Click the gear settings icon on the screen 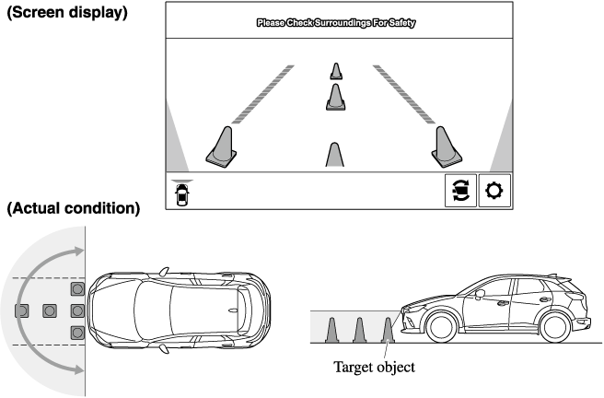[494, 191]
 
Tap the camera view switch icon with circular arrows [461, 191]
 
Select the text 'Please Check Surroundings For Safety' [336, 23]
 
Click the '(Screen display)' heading [67, 12]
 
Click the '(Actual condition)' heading [73, 208]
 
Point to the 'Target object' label [374, 368]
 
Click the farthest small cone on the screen [336, 71]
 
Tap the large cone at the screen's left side [222, 146]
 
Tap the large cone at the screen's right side [447, 146]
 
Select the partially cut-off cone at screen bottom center [335, 155]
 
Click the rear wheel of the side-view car [554, 327]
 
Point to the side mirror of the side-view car [480, 295]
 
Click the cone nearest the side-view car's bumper [388, 330]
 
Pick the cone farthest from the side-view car [331, 330]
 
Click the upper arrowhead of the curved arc [79, 252]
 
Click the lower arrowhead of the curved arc [79, 370]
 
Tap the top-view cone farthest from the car [21, 310]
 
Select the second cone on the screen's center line [335, 97]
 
